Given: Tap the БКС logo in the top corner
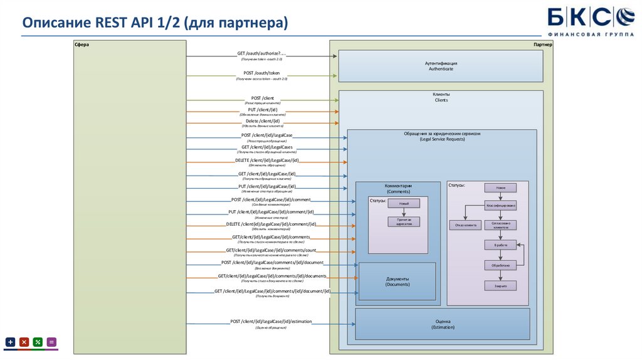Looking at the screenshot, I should click(591, 19).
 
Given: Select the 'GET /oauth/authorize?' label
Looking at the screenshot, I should click(261, 53).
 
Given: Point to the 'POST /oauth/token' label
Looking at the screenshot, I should click(261, 73).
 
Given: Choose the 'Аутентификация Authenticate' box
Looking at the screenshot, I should click(441, 66).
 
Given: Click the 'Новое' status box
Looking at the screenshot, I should click(500, 188).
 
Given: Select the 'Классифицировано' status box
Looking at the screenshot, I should click(500, 205).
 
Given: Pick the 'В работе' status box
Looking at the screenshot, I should click(500, 245).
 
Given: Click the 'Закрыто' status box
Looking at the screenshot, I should click(500, 285).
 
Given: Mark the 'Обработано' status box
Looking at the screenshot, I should click(500, 265).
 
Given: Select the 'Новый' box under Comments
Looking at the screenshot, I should click(404, 204).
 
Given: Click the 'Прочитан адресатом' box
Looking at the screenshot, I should click(404, 221).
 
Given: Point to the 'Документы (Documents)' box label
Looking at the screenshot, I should click(397, 282).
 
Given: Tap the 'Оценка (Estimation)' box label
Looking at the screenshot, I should click(442, 324).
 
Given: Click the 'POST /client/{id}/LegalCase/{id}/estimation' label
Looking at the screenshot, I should click(270, 322).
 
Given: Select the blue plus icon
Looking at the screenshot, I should click(11, 342).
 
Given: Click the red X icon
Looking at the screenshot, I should click(24, 342).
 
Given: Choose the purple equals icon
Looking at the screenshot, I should click(51, 342).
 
